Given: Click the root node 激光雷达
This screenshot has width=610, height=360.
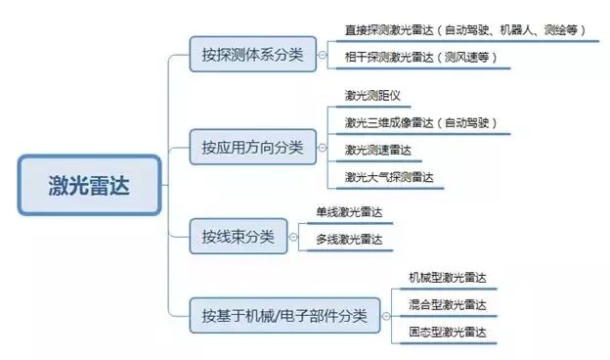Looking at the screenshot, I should (x=89, y=185).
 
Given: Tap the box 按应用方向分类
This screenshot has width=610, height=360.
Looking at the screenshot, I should (x=252, y=149).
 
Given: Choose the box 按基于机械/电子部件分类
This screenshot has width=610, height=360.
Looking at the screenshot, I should (x=284, y=316).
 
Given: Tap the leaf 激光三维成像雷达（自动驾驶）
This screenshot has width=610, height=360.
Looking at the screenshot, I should (x=421, y=122).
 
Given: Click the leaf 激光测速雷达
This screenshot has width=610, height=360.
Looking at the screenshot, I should (x=377, y=150).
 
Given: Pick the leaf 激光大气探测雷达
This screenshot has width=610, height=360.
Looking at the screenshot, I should (x=388, y=177).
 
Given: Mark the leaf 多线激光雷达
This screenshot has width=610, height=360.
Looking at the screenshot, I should (x=348, y=239).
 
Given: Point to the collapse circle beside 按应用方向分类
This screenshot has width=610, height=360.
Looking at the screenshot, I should (x=324, y=149).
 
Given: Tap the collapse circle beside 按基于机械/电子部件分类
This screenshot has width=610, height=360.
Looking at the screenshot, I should (x=390, y=316).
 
